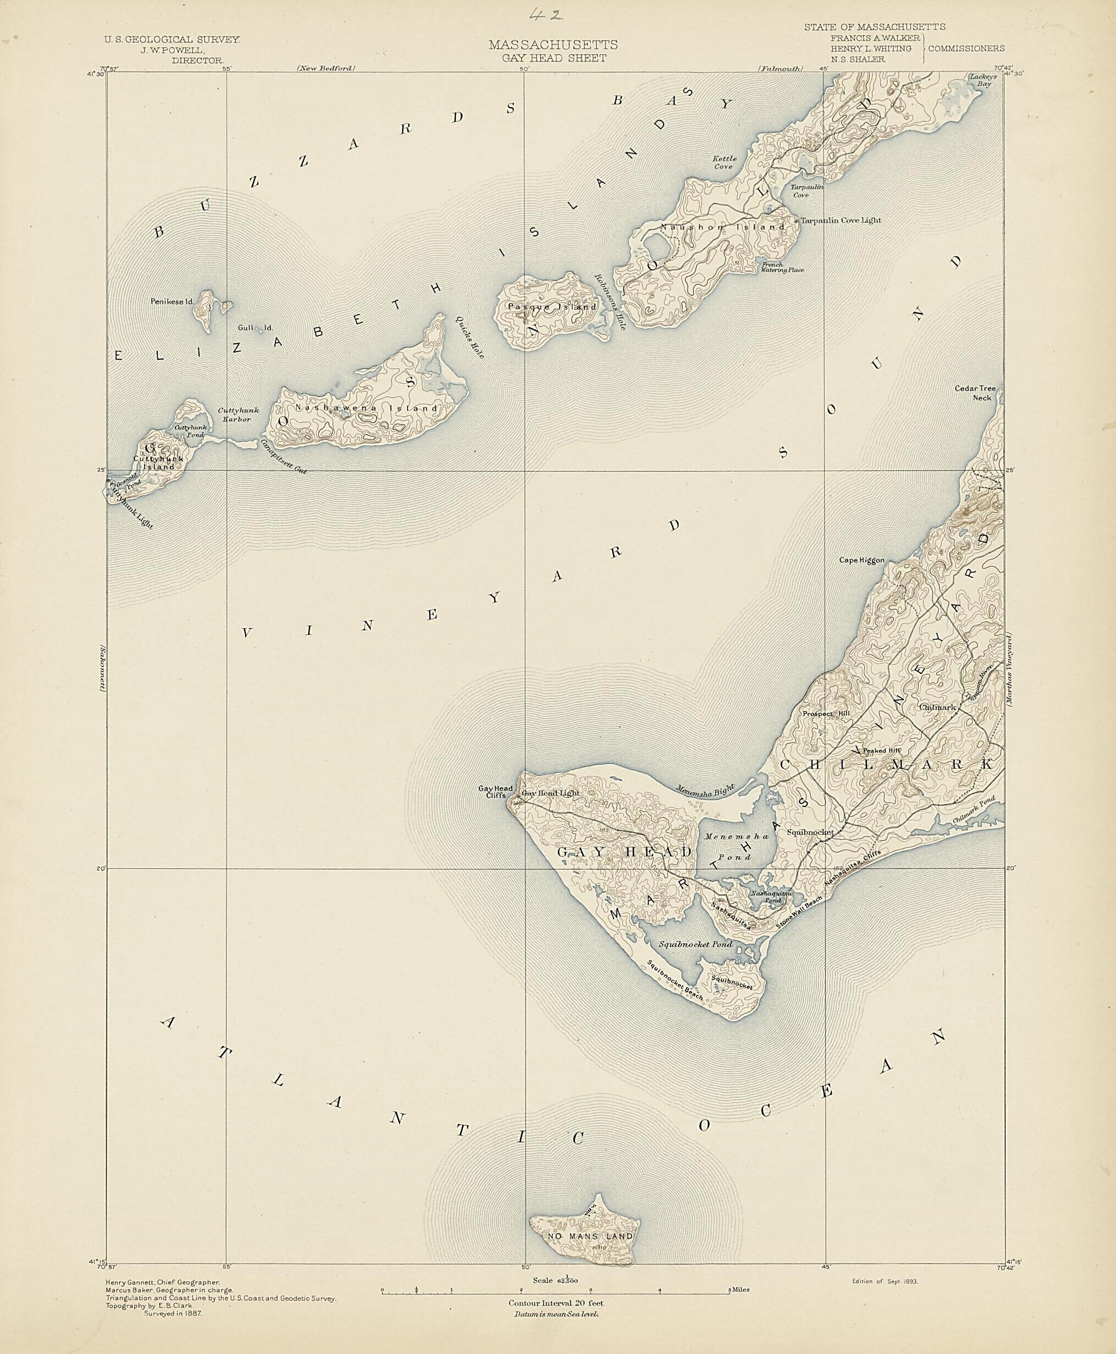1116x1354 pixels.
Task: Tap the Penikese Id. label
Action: (x=172, y=301)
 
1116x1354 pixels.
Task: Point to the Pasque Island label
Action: (x=552, y=307)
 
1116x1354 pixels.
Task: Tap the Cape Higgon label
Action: (x=861, y=560)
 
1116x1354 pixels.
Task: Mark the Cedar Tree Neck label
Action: (x=975, y=393)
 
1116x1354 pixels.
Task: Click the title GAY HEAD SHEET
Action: (x=554, y=58)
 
